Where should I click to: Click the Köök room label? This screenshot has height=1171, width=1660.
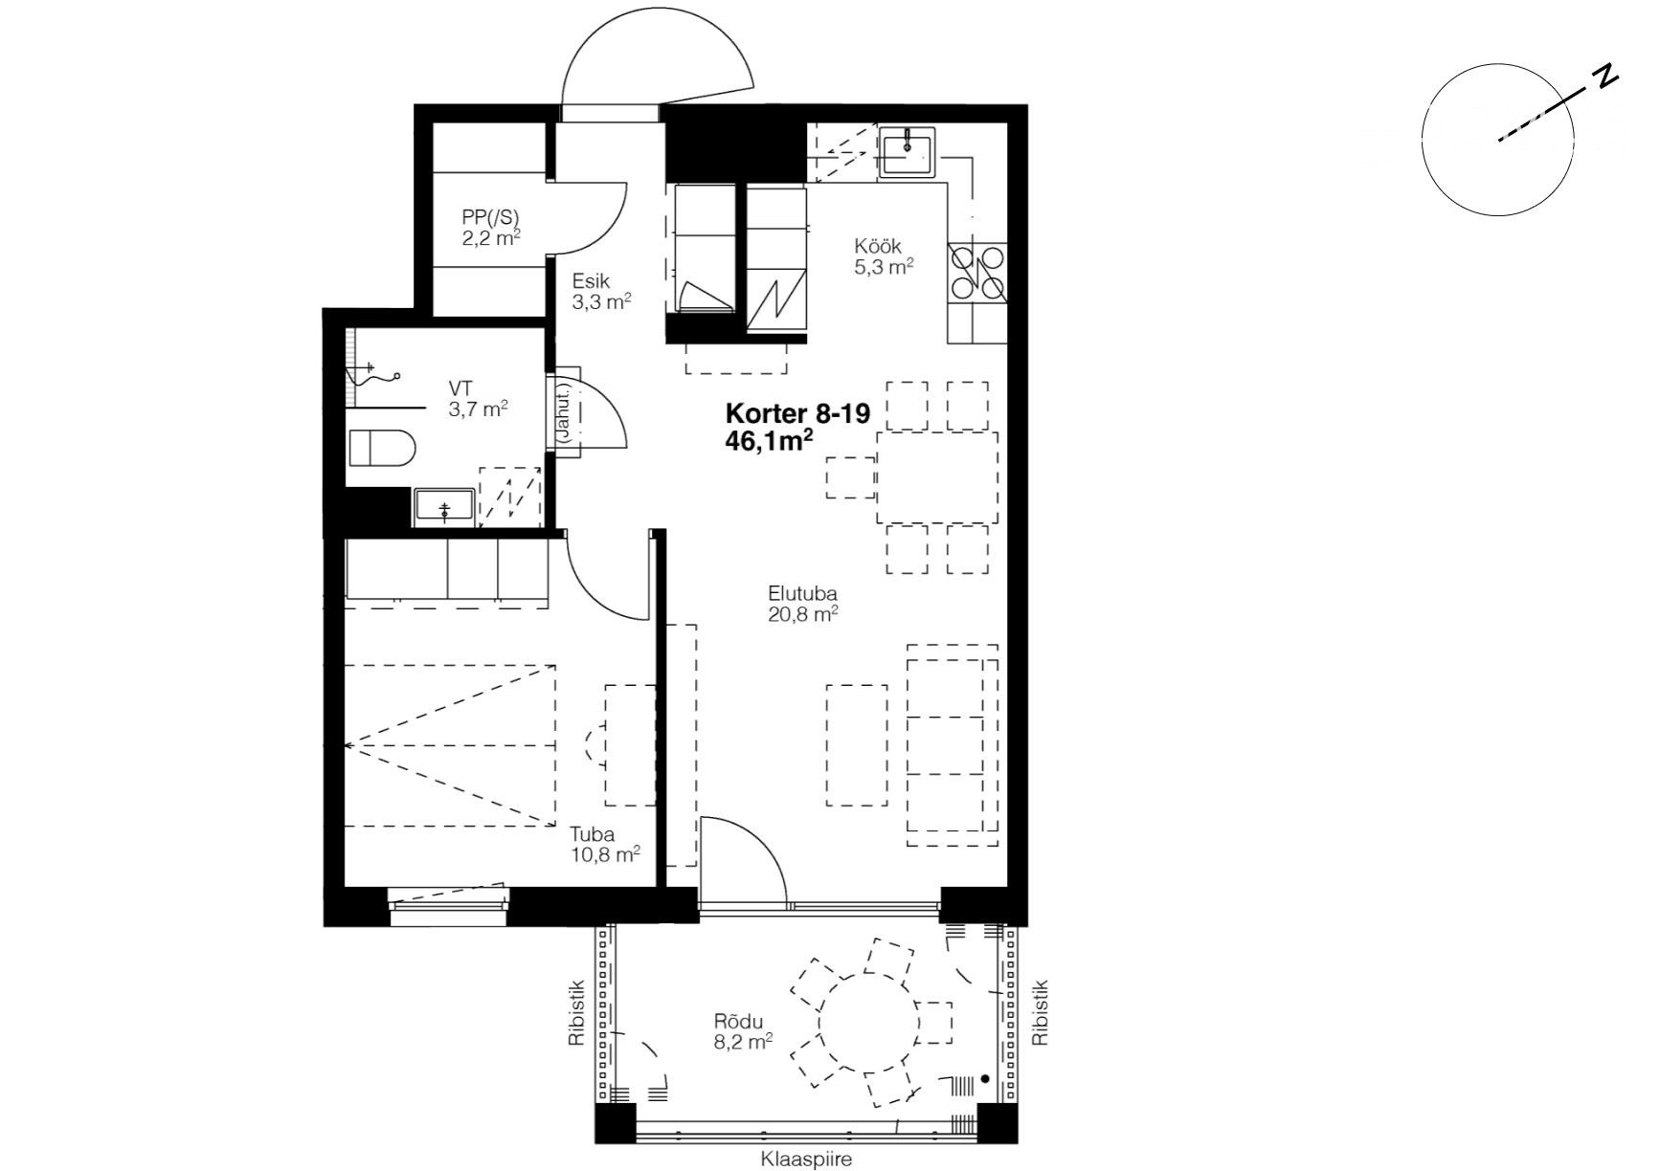click(884, 256)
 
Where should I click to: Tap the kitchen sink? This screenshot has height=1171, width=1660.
click(907, 153)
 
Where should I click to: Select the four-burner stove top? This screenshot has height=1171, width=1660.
click(976, 273)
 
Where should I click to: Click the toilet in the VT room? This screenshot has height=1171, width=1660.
click(381, 448)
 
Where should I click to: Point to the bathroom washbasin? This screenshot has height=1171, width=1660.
click(444, 507)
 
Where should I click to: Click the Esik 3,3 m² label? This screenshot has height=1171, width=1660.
click(601, 292)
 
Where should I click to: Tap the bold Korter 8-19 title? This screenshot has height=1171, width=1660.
click(797, 413)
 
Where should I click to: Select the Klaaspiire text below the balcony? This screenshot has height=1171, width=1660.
click(806, 1159)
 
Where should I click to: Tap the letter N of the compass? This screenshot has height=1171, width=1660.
click(1605, 77)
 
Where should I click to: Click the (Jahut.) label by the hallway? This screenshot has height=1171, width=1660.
click(564, 413)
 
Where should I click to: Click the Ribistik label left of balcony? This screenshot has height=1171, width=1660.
click(575, 1012)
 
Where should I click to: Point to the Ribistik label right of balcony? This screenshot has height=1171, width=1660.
click(1040, 1012)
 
